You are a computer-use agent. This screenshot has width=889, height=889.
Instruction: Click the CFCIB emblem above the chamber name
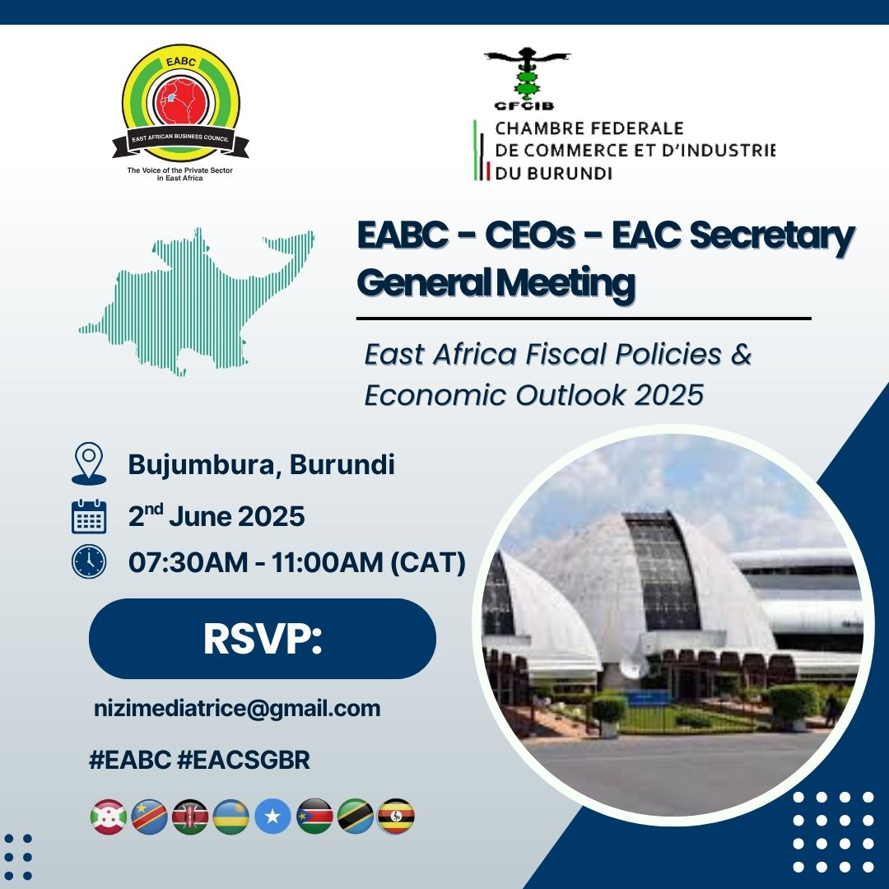528,78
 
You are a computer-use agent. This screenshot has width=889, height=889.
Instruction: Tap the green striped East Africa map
196,301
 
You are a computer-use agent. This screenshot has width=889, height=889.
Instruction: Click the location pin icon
89,463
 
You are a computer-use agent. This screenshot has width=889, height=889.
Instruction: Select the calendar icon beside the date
89,516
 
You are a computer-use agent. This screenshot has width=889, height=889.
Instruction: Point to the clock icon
89,562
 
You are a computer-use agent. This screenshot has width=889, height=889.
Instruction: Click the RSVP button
263,639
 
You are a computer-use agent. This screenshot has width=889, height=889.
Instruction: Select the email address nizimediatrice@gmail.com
237,709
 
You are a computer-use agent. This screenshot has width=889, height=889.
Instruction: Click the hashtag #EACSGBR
244,760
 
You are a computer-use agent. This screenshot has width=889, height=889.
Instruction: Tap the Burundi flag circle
109,817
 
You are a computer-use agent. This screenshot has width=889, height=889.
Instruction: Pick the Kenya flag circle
190,817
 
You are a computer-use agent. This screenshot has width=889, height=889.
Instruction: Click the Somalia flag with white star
272,817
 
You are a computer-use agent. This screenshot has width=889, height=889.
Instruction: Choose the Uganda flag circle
396,817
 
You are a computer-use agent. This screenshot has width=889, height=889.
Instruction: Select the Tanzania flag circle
355,817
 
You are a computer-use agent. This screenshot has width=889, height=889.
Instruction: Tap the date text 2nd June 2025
216,516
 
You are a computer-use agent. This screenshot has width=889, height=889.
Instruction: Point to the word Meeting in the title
566,283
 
